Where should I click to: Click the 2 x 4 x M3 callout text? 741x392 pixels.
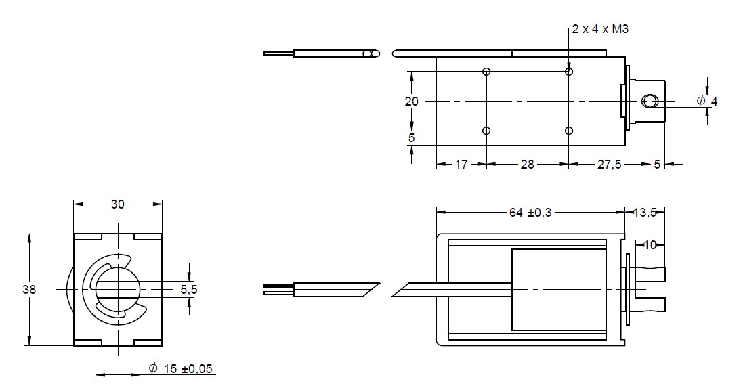click(600, 29)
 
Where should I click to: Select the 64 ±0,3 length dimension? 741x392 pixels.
click(530, 213)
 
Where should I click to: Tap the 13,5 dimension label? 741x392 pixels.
click(645, 213)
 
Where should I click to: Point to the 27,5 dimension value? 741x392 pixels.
click(609, 165)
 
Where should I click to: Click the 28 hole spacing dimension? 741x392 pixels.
click(527, 165)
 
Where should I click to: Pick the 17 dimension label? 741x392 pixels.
click(461, 165)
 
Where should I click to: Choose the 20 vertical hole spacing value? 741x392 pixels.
click(411, 101)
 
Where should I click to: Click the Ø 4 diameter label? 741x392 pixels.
click(707, 101)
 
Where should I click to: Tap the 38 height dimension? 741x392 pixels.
click(29, 289)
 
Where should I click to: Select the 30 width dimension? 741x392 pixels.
click(118, 204)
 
